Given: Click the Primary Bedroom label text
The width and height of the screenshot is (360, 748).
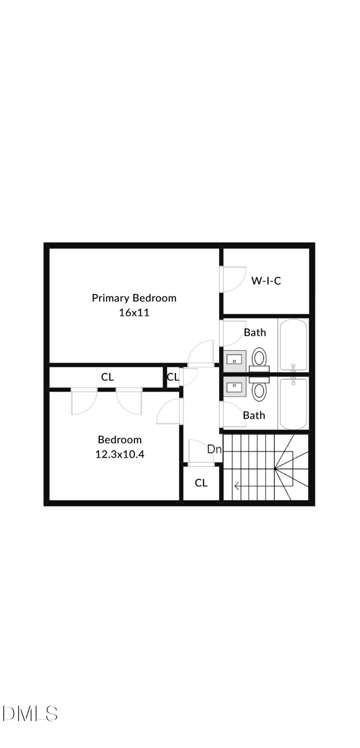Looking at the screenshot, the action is pos(134,298).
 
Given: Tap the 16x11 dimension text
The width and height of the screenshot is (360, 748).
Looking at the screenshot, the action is pos(134,313).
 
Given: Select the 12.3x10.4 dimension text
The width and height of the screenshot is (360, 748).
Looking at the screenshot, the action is pos(120,454).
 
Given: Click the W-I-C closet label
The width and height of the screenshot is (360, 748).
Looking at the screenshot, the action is pos(266,281).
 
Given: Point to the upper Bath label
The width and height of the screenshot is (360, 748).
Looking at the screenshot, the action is pos(255,332).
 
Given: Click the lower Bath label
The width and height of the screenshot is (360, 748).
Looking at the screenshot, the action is pos(254,415).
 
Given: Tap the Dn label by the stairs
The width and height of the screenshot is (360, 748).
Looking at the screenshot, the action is pos(214,449).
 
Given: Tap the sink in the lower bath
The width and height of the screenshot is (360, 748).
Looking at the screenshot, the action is pos(235,386).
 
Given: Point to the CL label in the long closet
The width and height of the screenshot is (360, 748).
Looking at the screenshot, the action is pos(107,377).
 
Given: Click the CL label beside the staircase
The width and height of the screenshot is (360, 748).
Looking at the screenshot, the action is pos(201,483).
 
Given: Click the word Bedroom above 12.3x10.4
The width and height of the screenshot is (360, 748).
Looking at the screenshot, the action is pos(120,439).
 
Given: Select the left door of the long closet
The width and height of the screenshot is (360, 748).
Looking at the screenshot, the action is pos(84,401).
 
